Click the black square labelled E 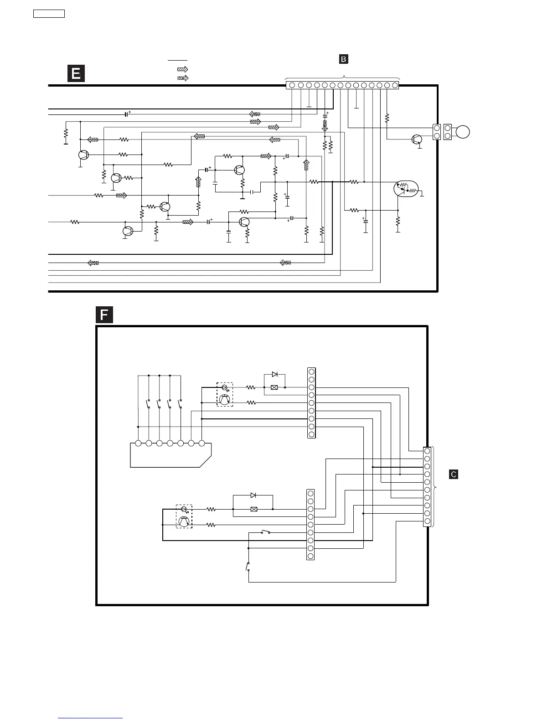76,73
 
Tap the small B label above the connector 343,59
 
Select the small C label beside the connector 454,474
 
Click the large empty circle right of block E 462,132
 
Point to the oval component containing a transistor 406,189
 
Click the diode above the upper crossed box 274,374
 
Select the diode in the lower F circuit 253,495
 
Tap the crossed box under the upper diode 274,387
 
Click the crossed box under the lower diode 254,509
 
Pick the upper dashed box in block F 224,394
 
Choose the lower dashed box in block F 184,516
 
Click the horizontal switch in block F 265,532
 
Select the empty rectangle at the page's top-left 49,14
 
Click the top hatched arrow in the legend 182,69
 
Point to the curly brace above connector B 343,77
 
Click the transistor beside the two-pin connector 416,139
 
